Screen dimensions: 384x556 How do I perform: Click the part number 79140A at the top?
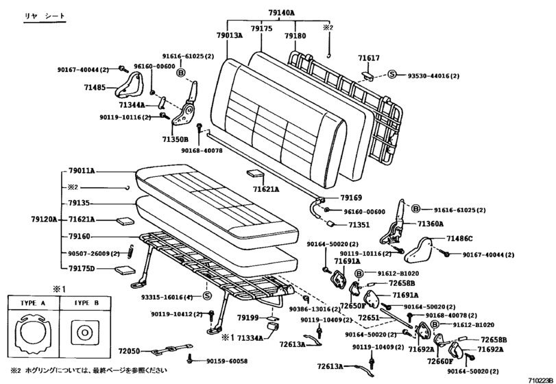point(280,12)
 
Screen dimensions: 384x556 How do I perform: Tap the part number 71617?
point(368,60)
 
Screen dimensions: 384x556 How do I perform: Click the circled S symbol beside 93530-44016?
point(393,74)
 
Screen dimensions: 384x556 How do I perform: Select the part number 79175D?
point(82,268)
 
